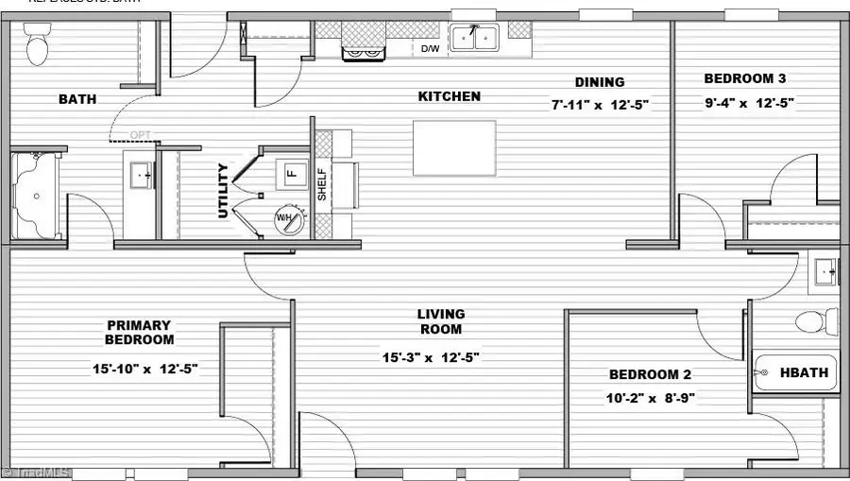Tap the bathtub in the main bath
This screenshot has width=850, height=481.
point(36,197)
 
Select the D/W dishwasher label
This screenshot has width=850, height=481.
point(430,48)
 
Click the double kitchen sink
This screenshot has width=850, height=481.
point(474,38)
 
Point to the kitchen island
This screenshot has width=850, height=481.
point(454,147)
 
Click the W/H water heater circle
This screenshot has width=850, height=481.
point(289,220)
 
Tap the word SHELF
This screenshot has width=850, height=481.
point(322,185)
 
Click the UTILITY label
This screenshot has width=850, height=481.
point(224,191)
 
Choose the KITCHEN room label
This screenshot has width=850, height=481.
point(450,96)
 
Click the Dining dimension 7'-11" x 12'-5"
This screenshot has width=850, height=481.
point(600,105)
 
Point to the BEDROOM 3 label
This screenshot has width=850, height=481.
point(745,78)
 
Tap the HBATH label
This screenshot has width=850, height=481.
point(804,372)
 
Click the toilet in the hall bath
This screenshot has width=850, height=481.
point(817,320)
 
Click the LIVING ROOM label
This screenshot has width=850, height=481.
point(441,321)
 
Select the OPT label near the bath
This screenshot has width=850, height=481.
point(141,134)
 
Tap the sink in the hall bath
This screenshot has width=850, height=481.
point(826,271)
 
